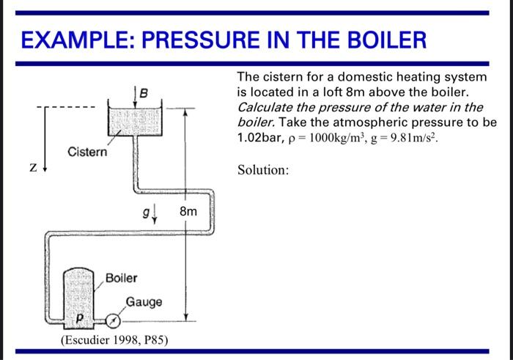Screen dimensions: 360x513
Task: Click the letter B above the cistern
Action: point(144,92)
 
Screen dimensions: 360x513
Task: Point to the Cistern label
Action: point(87,153)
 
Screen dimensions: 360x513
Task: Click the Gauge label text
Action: point(144,302)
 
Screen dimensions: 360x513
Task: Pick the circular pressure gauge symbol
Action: point(114,321)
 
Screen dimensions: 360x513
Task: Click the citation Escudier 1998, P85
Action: point(114,340)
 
